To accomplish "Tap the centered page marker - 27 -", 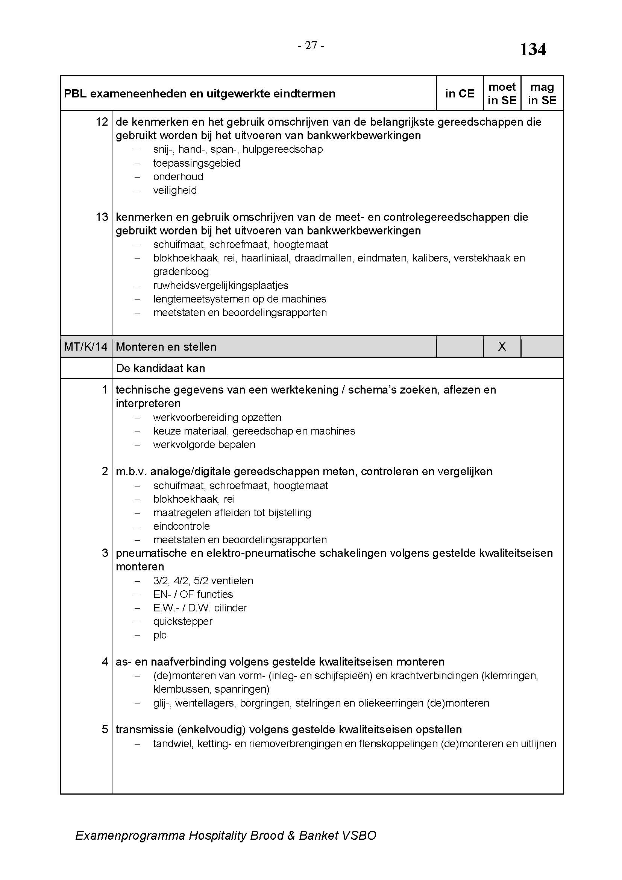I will click(x=311, y=46).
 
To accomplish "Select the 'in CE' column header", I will click(x=459, y=94).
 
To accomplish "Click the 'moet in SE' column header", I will click(x=502, y=94).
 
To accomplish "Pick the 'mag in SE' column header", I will click(x=542, y=94).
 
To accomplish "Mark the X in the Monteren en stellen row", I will click(x=502, y=347).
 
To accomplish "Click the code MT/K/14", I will click(x=86, y=347).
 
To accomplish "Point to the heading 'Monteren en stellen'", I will click(x=166, y=347).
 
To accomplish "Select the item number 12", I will click(x=102, y=122).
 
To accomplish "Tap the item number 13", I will click(x=102, y=217).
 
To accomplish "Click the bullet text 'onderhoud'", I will click(x=178, y=177).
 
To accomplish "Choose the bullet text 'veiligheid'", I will click(x=174, y=190).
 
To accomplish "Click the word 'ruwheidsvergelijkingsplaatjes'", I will click(x=221, y=285).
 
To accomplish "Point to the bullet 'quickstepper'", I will click(x=183, y=621).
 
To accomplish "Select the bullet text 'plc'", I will click(x=160, y=635).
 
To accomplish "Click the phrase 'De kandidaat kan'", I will click(x=160, y=368).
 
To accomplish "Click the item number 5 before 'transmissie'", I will click(x=105, y=729).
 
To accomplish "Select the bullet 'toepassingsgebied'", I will click(x=196, y=163).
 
